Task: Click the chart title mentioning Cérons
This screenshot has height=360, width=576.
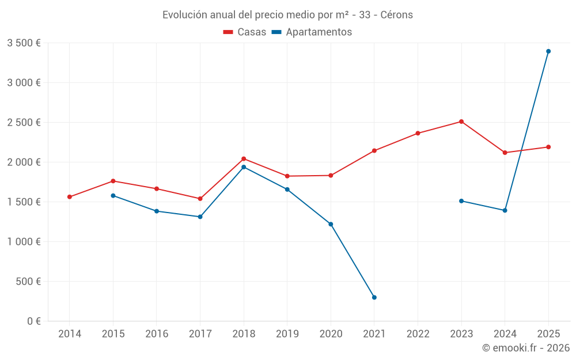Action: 287,15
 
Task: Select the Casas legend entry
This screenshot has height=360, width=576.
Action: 245,32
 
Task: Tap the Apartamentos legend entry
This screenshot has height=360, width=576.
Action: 312,32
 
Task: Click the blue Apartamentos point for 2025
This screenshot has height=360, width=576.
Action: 548,51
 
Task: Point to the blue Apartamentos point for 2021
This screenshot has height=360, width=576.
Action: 374,297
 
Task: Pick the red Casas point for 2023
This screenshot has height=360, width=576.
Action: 461,122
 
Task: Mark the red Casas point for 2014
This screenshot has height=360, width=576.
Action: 70,197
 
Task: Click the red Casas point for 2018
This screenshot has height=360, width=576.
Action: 244,159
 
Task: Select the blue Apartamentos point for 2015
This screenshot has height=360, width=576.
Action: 113,196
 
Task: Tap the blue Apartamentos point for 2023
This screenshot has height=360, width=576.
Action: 461,201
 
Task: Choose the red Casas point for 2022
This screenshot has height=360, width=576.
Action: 418,134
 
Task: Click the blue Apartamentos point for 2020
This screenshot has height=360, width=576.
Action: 331,224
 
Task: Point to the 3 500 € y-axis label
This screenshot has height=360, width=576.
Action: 24,43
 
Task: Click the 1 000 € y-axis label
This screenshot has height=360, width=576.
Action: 24,242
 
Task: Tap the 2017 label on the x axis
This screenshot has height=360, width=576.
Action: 200,334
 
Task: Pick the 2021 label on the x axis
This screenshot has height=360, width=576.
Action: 374,334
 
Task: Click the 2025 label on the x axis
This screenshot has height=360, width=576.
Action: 548,334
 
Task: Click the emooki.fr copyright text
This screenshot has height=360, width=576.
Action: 526,348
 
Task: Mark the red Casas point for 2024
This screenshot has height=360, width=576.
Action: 505,153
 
